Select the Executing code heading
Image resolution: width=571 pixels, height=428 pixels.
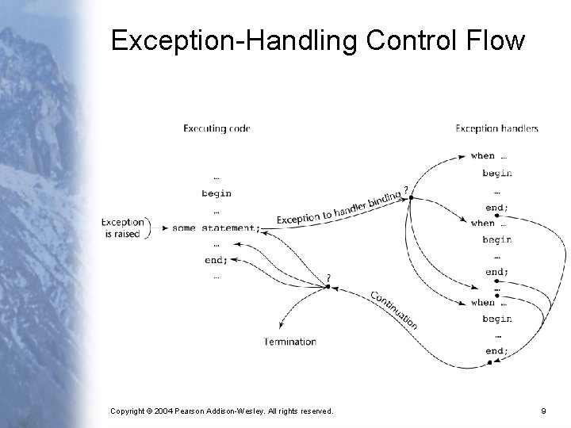217,128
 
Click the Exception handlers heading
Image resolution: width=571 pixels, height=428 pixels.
496,128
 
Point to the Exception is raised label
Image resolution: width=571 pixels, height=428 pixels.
122,228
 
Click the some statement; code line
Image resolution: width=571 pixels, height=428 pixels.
215,228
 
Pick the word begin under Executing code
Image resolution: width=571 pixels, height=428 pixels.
217,193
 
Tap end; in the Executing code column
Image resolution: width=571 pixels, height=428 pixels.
216,260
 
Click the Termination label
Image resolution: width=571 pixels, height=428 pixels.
290,342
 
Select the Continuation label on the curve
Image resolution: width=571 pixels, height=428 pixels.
393,310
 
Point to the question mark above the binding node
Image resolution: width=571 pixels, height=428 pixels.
407,189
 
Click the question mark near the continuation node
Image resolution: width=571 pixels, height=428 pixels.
328,277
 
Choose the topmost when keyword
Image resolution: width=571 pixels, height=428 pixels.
482,156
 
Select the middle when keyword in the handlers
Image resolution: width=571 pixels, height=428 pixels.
482,224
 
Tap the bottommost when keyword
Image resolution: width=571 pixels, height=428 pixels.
482,302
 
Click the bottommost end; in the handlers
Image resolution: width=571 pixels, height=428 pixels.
496,351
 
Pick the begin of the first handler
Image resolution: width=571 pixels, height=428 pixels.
496,173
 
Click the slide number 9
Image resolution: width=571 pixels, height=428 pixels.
543,411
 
